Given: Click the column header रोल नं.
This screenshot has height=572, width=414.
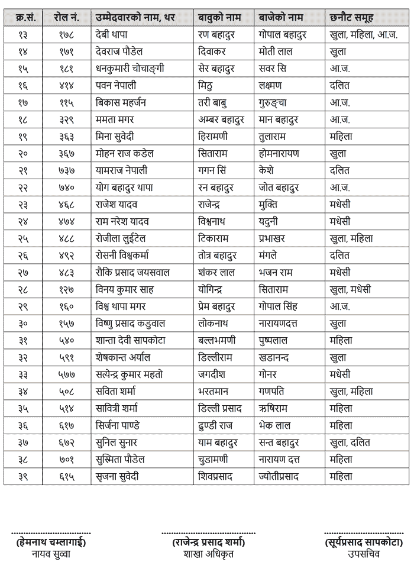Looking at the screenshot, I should point(64,18).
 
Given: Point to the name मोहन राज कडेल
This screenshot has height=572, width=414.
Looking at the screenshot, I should point(125,153).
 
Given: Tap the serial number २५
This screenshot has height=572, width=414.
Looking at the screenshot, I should point(23,238).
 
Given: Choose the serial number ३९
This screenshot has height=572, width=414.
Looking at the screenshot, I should point(23,476).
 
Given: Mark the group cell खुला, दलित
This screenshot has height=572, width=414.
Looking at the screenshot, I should point(351,442).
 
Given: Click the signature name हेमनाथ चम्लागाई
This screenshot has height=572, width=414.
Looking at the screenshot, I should point(50,542).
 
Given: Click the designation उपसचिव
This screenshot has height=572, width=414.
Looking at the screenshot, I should point(364,554).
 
